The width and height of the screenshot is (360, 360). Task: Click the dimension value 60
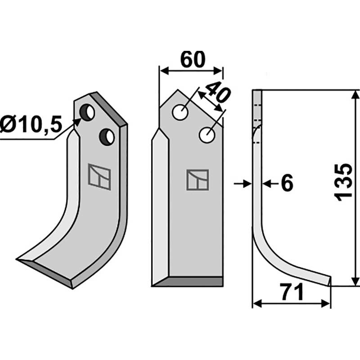[193, 59]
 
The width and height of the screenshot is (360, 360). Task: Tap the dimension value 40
[215, 94]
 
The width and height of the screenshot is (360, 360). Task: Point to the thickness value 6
[287, 184]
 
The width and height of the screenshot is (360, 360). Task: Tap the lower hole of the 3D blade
[108, 136]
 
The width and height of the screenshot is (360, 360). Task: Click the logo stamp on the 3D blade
[99, 176]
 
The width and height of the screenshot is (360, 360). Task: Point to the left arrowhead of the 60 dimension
[163, 71]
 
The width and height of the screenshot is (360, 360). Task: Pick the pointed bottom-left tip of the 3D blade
[19, 260]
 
